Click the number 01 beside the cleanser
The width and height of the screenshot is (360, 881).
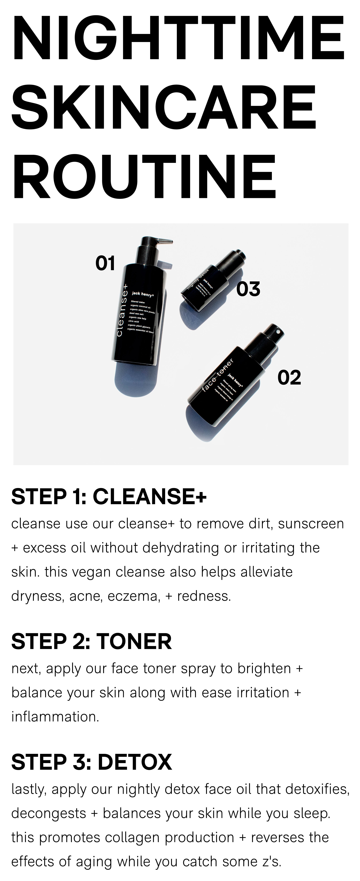point(105,263)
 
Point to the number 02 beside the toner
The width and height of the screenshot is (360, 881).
point(289,378)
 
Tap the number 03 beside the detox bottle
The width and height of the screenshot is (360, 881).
point(248,289)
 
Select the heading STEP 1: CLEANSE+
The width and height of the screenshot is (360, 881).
point(109,497)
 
